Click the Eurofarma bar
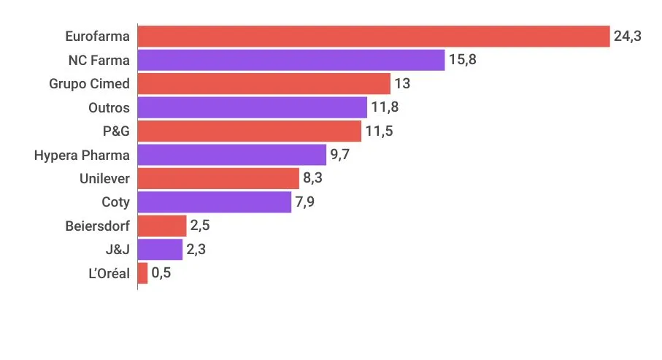(x=373, y=37)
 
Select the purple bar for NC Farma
(x=290, y=60)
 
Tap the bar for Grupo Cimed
(x=263, y=84)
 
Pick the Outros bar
(x=252, y=107)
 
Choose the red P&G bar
(x=249, y=131)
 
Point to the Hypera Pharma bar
(x=231, y=155)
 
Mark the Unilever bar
(x=218, y=178)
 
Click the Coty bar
(x=215, y=202)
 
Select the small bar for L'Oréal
(x=143, y=273)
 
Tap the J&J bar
(x=160, y=250)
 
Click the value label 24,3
(x=628, y=37)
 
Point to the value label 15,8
(x=463, y=60)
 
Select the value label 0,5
(x=162, y=273)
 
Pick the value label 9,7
(x=340, y=155)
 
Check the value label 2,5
(x=201, y=226)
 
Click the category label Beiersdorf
(x=97, y=226)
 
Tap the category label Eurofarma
(x=97, y=37)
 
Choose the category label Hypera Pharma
(x=82, y=155)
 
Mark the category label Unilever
(x=104, y=178)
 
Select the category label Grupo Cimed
(x=89, y=84)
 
